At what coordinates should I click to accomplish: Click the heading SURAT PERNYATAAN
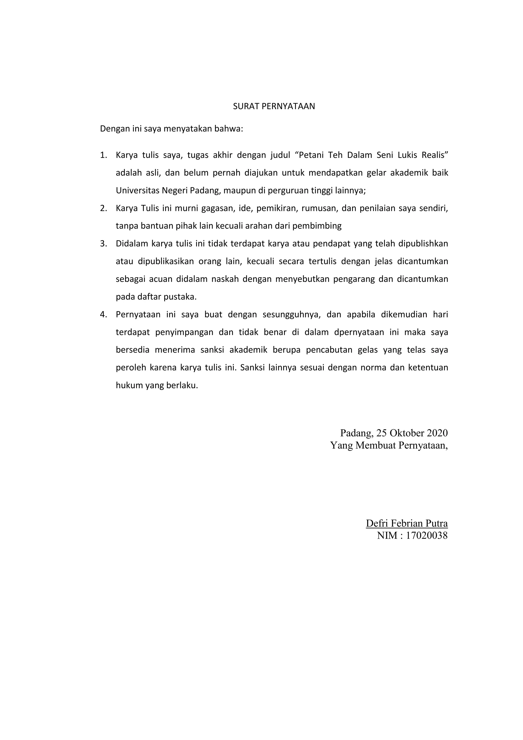274,106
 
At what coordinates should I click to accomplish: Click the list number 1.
103,155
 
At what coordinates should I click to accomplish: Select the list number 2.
103,209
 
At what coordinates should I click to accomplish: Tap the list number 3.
103,244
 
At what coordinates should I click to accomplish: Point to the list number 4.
103,315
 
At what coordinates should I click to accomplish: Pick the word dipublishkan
423,244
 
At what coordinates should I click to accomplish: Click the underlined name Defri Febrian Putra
407,523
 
